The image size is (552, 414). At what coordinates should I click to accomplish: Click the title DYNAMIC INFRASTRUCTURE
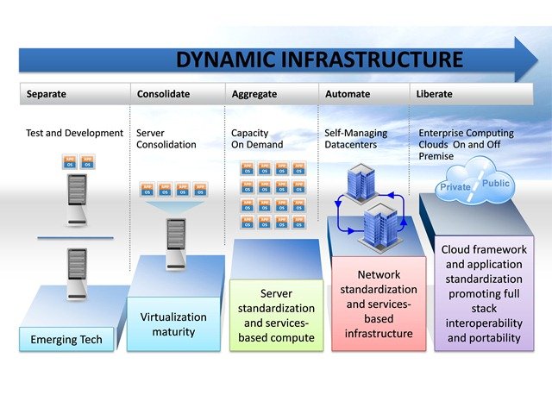[320, 60]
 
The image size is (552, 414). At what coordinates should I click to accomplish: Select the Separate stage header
[47, 93]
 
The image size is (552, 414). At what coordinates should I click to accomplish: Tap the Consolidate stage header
[163, 93]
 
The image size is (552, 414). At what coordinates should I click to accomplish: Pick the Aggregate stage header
[254, 93]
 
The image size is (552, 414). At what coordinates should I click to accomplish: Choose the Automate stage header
[348, 93]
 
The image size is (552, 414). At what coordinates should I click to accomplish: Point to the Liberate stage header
[434, 93]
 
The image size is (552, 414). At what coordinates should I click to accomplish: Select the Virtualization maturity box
[173, 323]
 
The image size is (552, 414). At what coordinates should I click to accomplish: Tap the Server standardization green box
[277, 316]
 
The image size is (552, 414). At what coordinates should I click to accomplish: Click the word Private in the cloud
[455, 187]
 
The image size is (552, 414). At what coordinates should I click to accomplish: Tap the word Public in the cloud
[496, 184]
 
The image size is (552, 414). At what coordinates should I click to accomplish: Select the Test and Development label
[75, 134]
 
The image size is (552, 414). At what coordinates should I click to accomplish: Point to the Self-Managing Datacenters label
[356, 139]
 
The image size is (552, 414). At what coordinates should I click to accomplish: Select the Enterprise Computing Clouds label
[466, 144]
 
